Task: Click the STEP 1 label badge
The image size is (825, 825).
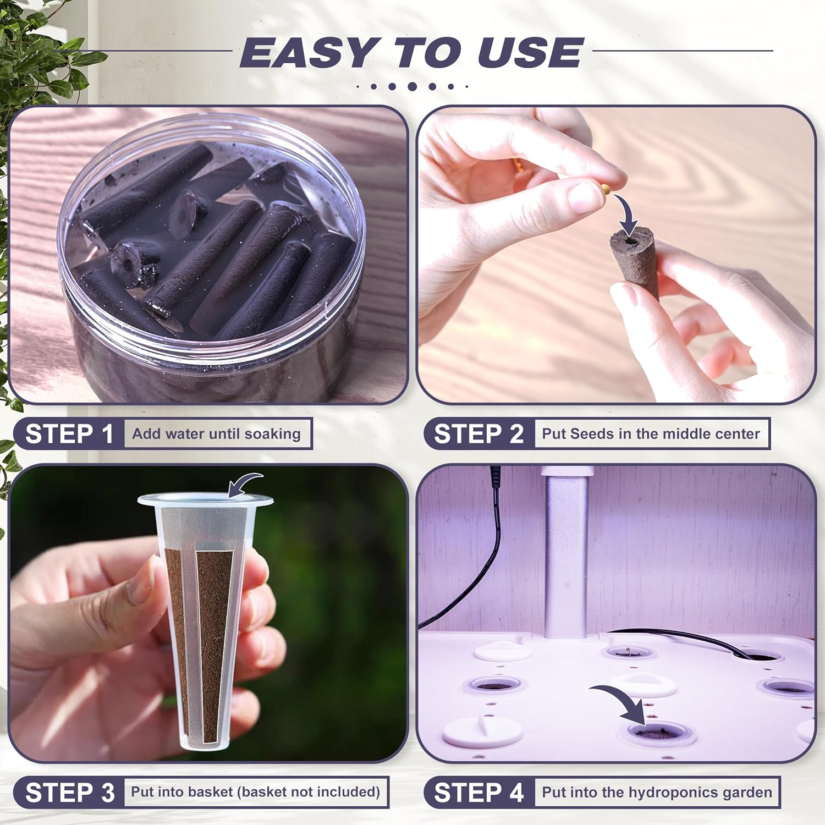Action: [69, 434]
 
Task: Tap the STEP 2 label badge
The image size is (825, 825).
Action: [479, 434]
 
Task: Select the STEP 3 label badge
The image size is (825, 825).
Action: [69, 793]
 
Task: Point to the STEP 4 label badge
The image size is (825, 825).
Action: [479, 793]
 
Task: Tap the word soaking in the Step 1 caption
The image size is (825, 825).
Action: [272, 434]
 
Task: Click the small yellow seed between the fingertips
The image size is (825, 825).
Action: [605, 189]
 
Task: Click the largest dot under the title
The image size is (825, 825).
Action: [412, 86]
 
